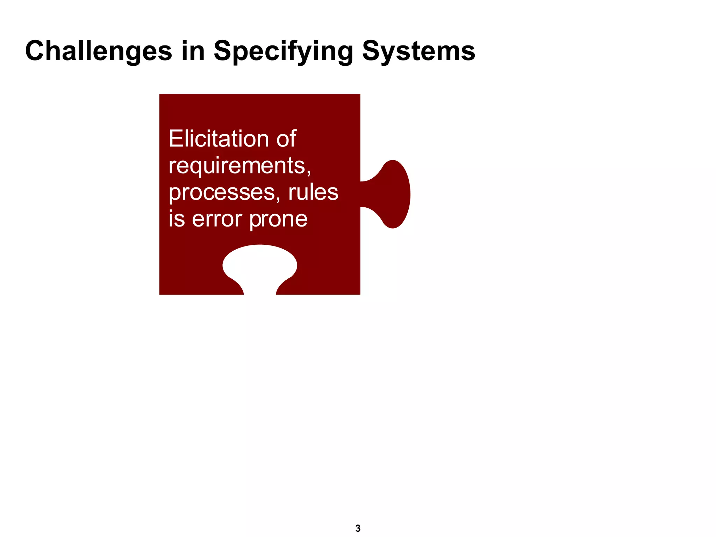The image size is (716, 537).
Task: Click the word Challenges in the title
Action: (x=99, y=51)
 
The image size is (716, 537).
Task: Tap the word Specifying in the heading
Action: (x=284, y=51)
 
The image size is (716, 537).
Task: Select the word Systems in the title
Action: (x=418, y=51)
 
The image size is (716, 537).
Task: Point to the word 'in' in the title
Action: (x=193, y=51)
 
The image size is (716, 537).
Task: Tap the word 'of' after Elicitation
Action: (x=286, y=139)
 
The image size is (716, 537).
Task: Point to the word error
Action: (x=217, y=219)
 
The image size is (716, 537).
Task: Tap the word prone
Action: (x=278, y=220)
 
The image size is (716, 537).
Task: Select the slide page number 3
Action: (x=358, y=528)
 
